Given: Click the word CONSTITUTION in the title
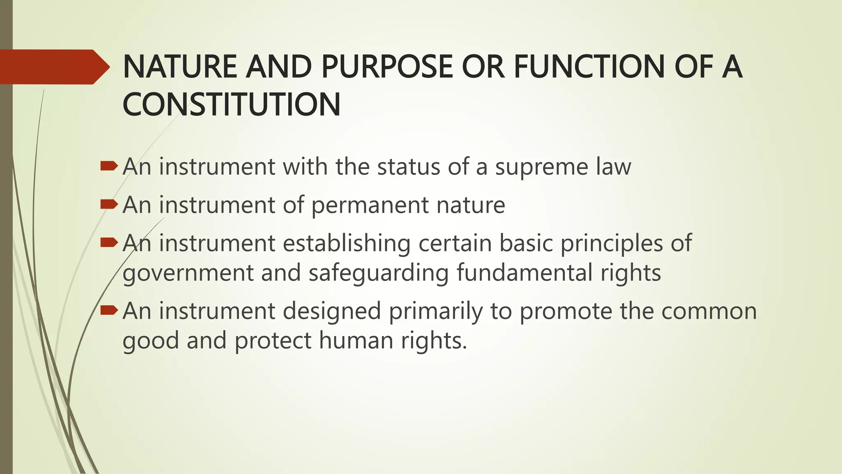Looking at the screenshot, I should coord(231,105).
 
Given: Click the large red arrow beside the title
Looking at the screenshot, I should coord(53,67).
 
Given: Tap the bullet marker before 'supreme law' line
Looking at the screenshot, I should coord(109,166).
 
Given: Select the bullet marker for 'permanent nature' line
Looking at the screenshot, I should coord(109,204).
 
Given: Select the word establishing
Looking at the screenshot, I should coord(347,243).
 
